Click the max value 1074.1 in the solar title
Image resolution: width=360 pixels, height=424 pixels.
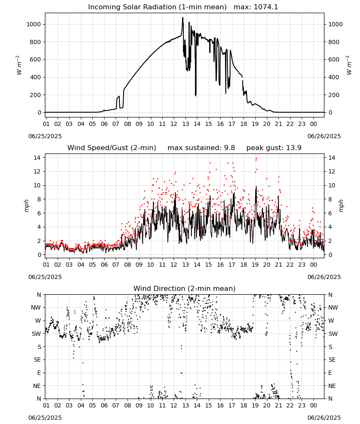click(x=266, y=7)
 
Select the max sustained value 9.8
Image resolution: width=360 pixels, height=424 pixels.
click(x=230, y=148)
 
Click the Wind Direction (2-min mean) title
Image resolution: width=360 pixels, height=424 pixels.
click(x=185, y=288)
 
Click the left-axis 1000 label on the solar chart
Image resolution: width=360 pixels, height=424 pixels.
click(x=33, y=24)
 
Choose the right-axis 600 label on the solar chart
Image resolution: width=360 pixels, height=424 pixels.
click(x=334, y=59)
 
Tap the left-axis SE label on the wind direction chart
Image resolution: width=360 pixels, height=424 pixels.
click(x=37, y=360)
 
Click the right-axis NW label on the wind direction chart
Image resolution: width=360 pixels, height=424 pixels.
click(x=333, y=307)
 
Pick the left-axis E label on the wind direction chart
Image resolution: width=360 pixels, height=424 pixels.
click(x=39, y=373)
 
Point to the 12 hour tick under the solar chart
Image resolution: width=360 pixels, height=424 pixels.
click(x=174, y=124)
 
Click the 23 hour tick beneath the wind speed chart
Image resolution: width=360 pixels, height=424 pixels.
click(x=302, y=265)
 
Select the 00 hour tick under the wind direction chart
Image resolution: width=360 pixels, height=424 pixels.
click(x=313, y=406)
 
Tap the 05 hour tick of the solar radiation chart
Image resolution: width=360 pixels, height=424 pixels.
click(x=93, y=124)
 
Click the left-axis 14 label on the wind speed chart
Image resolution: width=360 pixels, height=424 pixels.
click(x=37, y=158)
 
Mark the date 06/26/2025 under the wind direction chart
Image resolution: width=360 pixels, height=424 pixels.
click(x=324, y=418)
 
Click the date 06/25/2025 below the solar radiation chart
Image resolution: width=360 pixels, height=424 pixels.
click(x=45, y=136)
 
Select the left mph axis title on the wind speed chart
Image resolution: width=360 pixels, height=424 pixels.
click(x=26, y=206)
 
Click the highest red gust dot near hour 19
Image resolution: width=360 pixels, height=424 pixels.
click(x=256, y=159)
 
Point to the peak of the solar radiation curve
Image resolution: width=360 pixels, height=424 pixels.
click(x=183, y=17)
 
